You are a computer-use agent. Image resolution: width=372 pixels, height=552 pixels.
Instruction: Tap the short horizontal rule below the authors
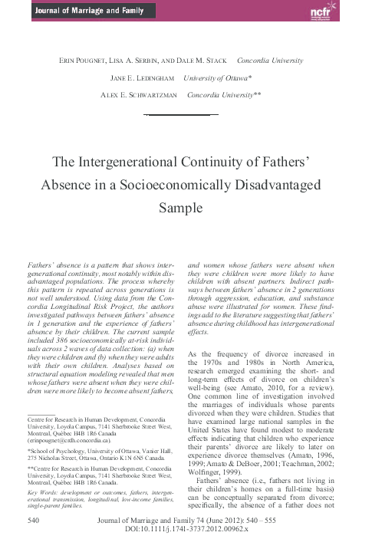point(186,113)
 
